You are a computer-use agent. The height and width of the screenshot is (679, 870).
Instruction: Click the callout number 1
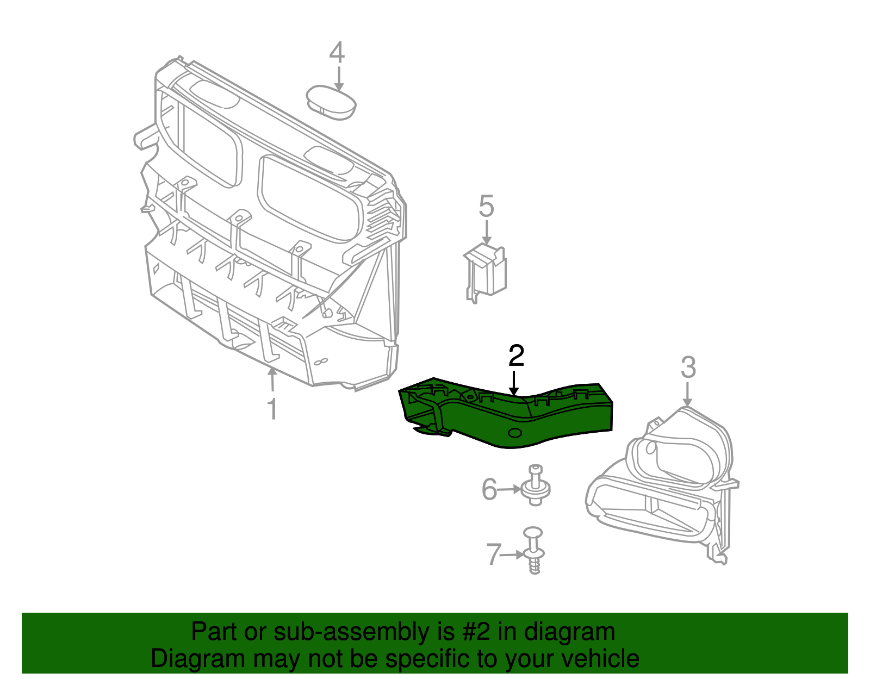pyautogui.click(x=272, y=409)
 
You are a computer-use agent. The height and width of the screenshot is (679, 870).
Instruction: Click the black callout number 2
pyautogui.click(x=516, y=356)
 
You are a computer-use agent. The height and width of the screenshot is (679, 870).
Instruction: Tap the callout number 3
pyautogui.click(x=688, y=368)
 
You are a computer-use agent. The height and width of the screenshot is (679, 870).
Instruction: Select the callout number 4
pyautogui.click(x=337, y=53)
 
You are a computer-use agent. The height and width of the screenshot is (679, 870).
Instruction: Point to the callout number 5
pyautogui.click(x=486, y=207)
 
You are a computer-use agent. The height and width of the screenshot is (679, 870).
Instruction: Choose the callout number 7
pyautogui.click(x=493, y=555)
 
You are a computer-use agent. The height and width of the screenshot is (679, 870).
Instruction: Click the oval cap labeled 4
pyautogui.click(x=332, y=103)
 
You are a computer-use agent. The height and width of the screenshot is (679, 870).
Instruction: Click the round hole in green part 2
pyautogui.click(x=514, y=433)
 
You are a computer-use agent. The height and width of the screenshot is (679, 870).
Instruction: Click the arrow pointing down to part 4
pyautogui.click(x=339, y=78)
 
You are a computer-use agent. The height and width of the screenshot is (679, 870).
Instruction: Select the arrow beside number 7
pyautogui.click(x=513, y=555)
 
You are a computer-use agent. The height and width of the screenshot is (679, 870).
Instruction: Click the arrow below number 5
pyautogui.click(x=487, y=233)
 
